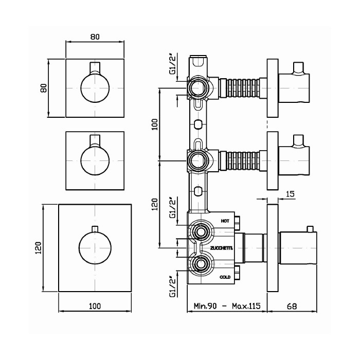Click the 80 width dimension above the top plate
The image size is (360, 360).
[x=94, y=37]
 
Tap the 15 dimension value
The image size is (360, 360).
[x=290, y=194]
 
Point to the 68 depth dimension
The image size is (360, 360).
[x=291, y=306]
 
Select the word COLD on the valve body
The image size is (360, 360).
[x=225, y=277]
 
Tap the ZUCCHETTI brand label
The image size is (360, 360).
[x=222, y=248]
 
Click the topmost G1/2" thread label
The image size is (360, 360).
[x=172, y=64]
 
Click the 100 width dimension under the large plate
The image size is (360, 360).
[x=94, y=306]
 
